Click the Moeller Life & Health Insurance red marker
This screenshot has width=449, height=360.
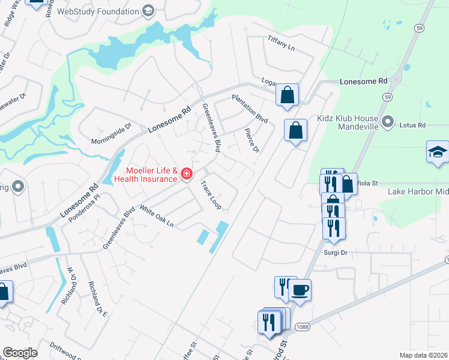(187, 174)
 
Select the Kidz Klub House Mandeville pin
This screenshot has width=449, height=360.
(388, 122)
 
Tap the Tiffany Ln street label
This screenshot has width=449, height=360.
(282, 43)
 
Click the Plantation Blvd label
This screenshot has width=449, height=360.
(250, 109)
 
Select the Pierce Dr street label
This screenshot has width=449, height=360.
(252, 139)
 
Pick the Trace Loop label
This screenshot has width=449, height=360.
(211, 196)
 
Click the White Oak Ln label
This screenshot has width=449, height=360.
(156, 216)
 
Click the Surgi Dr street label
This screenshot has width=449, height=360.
(336, 253)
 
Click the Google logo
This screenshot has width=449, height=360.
(20, 353)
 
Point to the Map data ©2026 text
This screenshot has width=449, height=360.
(424, 355)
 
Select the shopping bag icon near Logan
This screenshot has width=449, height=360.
(288, 94)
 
